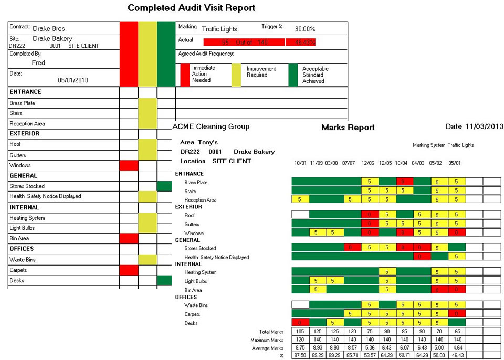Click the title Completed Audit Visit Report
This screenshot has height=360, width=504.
[x=192, y=8]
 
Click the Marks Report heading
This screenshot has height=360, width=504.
[x=348, y=127]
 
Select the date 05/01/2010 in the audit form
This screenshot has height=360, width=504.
[x=73, y=80]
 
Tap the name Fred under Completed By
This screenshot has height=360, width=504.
[x=38, y=62]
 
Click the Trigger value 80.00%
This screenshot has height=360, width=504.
[x=305, y=29]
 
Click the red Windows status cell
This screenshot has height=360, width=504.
[x=129, y=165]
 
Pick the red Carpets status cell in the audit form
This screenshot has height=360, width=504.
[x=129, y=270]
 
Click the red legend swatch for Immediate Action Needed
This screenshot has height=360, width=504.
[x=185, y=75]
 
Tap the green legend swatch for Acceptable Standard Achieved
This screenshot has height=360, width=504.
[x=293, y=75]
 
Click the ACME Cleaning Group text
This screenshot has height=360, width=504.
[x=211, y=126]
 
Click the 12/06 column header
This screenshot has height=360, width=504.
[x=367, y=163]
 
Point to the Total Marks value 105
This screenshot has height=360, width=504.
[x=300, y=332]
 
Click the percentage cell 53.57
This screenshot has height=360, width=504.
[x=370, y=356]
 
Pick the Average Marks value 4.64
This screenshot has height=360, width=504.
[x=456, y=348]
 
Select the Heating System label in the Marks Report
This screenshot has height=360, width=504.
[x=201, y=272]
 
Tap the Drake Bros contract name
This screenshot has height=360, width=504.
[x=49, y=28]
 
